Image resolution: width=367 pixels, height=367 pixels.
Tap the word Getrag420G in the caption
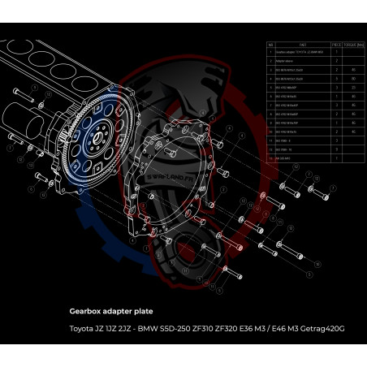(322, 329)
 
